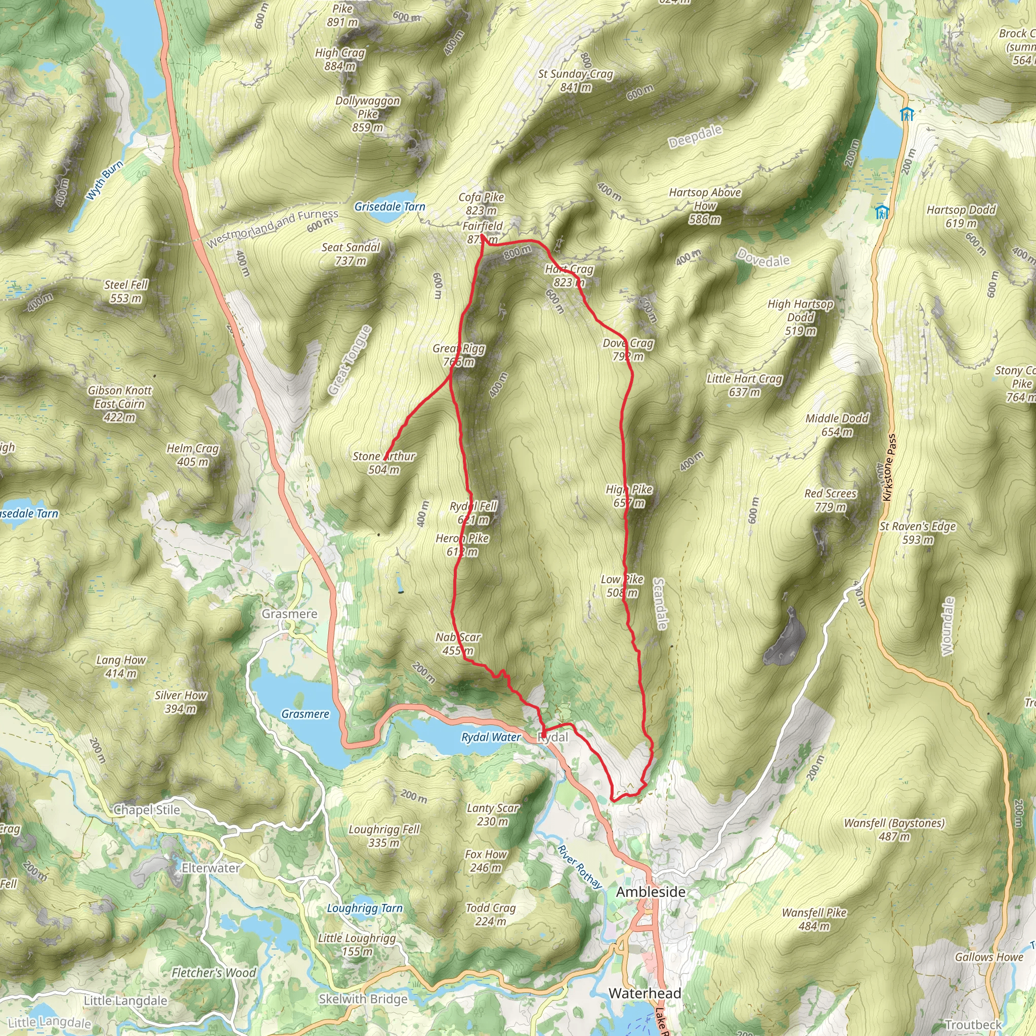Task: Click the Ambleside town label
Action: coord(651,892)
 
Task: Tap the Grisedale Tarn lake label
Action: coord(390,206)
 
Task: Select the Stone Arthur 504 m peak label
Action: coord(384,463)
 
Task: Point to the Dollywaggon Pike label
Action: coord(368,114)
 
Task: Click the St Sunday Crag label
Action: coord(575,80)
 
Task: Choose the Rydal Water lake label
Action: coord(491,738)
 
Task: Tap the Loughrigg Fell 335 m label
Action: coord(384,836)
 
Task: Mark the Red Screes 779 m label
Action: coord(830,500)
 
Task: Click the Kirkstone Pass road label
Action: coord(888,467)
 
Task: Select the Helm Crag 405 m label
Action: coord(193,455)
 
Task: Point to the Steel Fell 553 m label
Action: coord(126,291)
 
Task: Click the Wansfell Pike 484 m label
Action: coord(814,919)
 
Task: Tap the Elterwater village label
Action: coord(211,868)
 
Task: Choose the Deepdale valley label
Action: coord(695,137)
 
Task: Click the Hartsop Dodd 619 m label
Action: coord(961,216)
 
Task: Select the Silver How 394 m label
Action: coord(180,702)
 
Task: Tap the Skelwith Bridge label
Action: coord(363,999)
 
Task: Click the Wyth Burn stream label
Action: coord(105,181)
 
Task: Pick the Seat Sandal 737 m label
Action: coord(351,253)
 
